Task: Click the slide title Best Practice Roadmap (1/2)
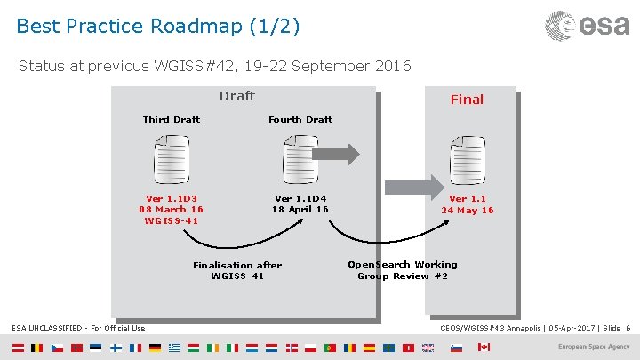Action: pyautogui.click(x=158, y=27)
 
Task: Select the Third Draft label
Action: pyautogui.click(x=172, y=119)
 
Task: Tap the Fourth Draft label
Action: pyautogui.click(x=300, y=119)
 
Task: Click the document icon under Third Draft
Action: pyautogui.click(x=172, y=159)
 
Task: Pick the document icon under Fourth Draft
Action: pyautogui.click(x=300, y=159)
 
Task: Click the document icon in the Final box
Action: pyautogui.click(x=467, y=159)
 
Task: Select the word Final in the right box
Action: pyautogui.click(x=467, y=100)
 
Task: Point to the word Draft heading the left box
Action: pyautogui.click(x=236, y=96)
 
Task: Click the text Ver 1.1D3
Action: pyautogui.click(x=172, y=199)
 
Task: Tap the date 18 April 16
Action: pyautogui.click(x=300, y=210)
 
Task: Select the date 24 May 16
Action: pyautogui.click(x=468, y=211)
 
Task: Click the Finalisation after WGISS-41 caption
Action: pyautogui.click(x=237, y=270)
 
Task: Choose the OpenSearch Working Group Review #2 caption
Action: pyautogui.click(x=403, y=270)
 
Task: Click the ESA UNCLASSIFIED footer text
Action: pyautogui.click(x=78, y=329)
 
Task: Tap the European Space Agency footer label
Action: pyautogui.click(x=594, y=348)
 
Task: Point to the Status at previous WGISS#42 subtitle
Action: pyautogui.click(x=214, y=65)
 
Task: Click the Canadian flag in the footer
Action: pyautogui.click(x=484, y=347)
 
